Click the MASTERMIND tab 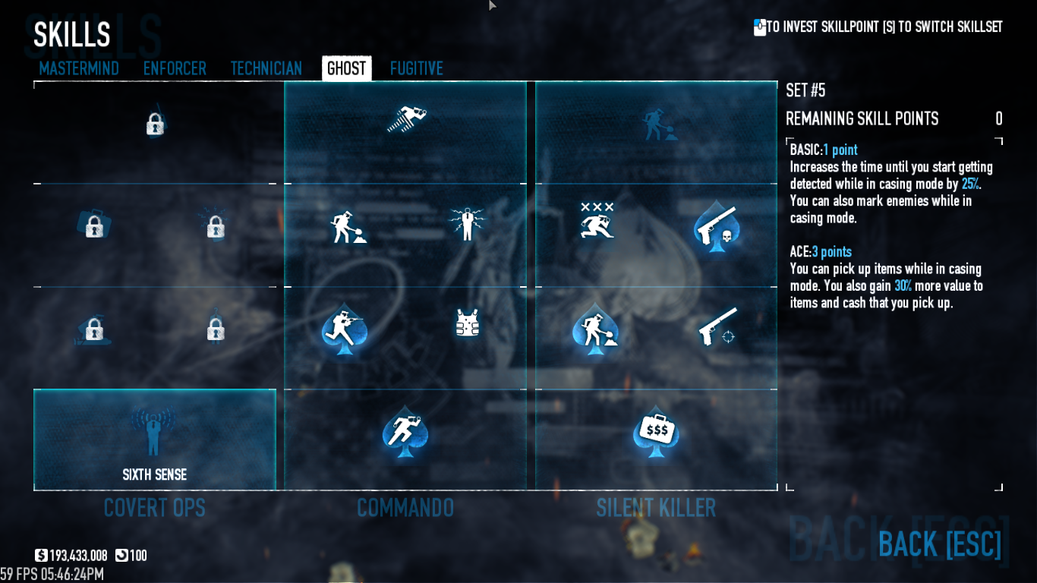79,68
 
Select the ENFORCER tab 175,68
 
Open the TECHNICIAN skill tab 266,68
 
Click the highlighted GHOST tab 346,68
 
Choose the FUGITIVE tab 417,68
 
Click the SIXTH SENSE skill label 155,475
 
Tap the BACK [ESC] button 940,544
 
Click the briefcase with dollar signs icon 656,432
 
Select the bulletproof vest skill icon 467,323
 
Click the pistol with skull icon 716,226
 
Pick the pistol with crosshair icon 717,326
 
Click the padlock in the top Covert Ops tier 155,124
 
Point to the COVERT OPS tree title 155,508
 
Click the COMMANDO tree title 405,508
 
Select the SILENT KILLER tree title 656,508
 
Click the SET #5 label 805,91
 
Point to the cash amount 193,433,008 78,556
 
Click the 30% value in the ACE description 903,286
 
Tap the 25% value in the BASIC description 970,184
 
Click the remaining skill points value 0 999,119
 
